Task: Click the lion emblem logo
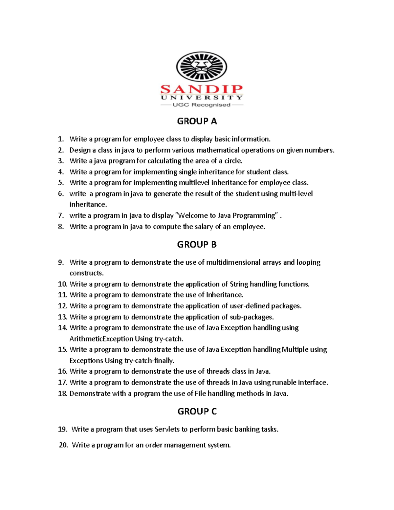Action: (202, 67)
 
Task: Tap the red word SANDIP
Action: (202, 89)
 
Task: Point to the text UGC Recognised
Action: (201, 105)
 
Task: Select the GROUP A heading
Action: (197, 122)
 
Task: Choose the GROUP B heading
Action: (197, 245)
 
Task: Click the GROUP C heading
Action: (197, 411)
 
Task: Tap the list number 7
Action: (61, 216)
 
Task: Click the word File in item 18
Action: (200, 393)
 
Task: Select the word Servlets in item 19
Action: (167, 429)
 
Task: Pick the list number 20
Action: (63, 445)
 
